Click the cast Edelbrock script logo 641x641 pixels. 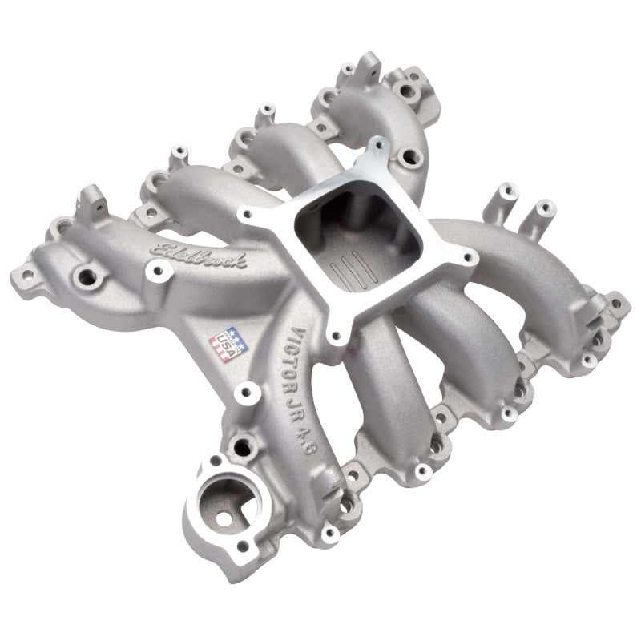click(x=201, y=256)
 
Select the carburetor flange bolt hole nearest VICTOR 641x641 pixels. click(x=335, y=337)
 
